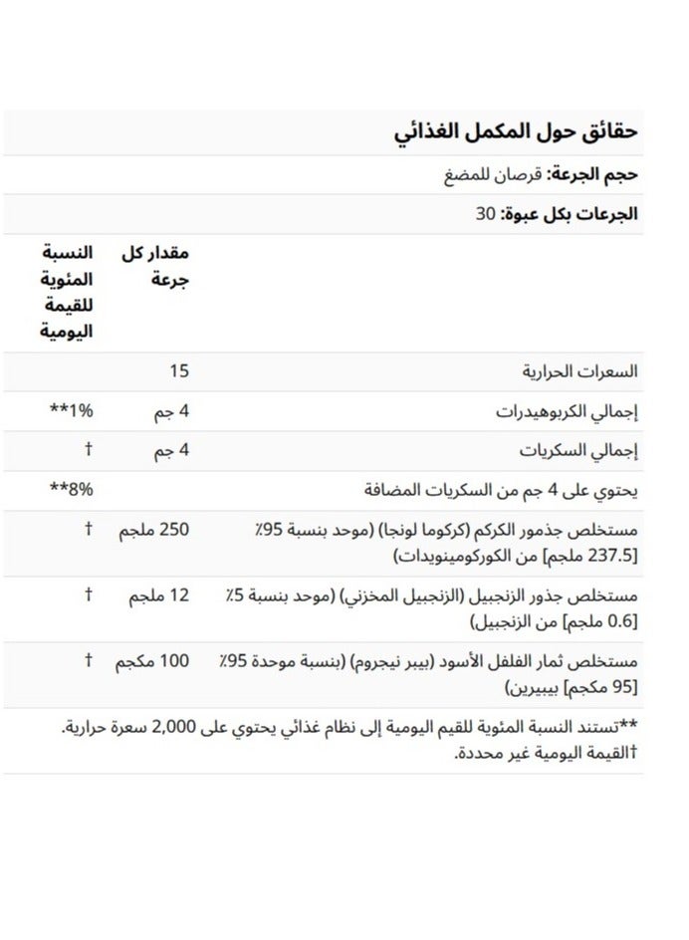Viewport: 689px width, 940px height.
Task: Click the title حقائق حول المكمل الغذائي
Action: (x=516, y=131)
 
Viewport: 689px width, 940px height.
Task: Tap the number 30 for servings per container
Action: (x=487, y=213)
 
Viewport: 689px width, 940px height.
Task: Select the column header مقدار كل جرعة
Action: (x=156, y=265)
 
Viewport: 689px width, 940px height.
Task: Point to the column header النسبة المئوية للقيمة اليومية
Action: (x=67, y=293)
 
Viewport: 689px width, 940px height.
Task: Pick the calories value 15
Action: (x=179, y=372)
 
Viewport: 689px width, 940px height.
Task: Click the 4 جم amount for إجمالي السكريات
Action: (x=171, y=450)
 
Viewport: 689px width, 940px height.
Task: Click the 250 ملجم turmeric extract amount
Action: (x=153, y=529)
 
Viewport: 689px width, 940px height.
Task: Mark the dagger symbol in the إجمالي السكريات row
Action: (x=88, y=450)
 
